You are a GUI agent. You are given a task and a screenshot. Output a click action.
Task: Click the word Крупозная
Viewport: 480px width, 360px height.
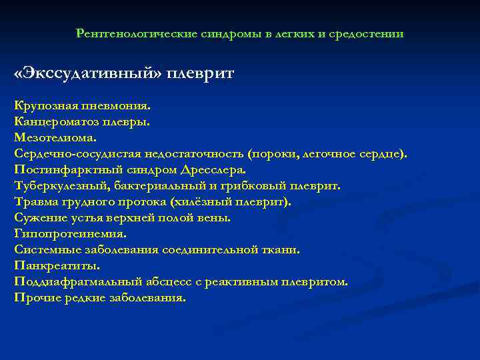click(x=45, y=105)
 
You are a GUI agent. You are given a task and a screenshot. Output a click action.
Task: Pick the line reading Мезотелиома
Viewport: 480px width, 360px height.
click(x=55, y=137)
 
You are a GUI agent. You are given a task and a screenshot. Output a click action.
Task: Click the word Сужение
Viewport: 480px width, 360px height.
click(x=39, y=217)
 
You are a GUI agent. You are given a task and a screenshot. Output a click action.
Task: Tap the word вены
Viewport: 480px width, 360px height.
click(x=214, y=217)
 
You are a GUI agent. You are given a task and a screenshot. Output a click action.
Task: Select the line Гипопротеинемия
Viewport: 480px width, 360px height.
click(x=70, y=233)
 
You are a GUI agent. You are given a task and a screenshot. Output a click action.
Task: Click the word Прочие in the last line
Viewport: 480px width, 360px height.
click(x=37, y=297)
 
